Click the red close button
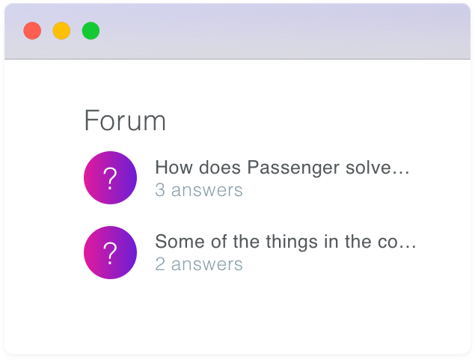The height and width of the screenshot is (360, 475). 32,31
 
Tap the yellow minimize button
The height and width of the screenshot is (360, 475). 61,31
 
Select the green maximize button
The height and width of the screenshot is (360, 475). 91,31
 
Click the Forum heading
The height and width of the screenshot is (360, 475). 125,120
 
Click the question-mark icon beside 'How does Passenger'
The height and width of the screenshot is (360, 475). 110,178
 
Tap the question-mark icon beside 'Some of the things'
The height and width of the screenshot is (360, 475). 110,252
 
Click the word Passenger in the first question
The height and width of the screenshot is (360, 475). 293,168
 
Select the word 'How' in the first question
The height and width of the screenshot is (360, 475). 174,167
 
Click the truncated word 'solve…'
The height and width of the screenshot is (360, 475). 378,167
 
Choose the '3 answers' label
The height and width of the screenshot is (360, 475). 199,190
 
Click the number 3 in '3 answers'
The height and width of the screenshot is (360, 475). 160,190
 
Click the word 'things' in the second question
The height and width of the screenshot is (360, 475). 292,242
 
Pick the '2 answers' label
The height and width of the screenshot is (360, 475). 199,264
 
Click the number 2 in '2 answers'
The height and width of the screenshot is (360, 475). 160,264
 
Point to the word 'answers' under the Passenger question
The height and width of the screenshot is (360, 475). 207,191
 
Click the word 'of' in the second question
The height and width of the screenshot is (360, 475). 218,241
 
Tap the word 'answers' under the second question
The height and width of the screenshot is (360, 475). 207,265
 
